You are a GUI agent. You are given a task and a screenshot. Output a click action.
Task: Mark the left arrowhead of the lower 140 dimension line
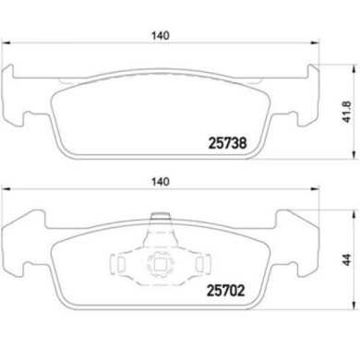[x=6, y=195]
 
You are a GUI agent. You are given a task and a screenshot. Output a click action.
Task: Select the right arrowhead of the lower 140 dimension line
[x=317, y=195]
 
